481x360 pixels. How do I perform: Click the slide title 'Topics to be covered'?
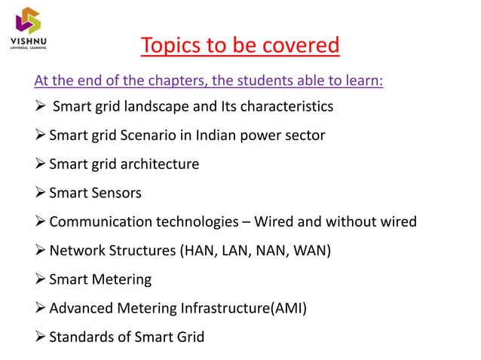[x=240, y=46]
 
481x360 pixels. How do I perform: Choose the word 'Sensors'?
[x=115, y=193]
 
